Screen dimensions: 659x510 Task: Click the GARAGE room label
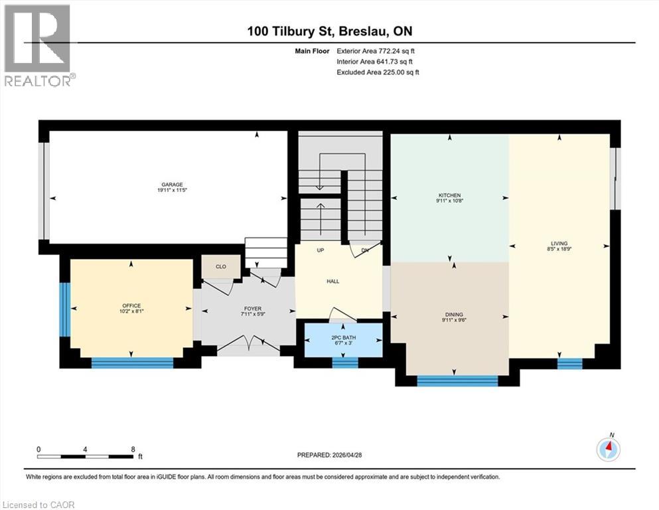tap(173, 185)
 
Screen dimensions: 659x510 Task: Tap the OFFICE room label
tap(131, 305)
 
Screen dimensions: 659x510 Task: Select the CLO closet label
tap(221, 266)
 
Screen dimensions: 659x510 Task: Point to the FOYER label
tap(253, 309)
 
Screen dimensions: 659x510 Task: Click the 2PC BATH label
tap(343, 337)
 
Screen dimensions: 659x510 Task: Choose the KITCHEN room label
tap(450, 195)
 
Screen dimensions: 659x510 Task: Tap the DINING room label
tap(455, 315)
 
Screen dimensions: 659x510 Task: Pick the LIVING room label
tap(559, 244)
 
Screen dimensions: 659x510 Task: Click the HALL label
tap(333, 282)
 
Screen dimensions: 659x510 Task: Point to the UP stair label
tap(321, 250)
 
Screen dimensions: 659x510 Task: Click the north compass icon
tap(608, 449)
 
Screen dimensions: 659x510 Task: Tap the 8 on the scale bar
tap(133, 449)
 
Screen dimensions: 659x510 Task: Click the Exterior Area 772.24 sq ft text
tap(376, 51)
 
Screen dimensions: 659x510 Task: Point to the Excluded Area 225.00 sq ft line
tap(378, 72)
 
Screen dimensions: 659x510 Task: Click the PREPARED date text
tap(329, 455)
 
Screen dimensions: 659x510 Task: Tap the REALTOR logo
tap(39, 45)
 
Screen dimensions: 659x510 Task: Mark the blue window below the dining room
tap(457, 381)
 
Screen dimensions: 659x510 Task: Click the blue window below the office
tap(132, 363)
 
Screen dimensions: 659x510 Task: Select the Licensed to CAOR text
tap(38, 505)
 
